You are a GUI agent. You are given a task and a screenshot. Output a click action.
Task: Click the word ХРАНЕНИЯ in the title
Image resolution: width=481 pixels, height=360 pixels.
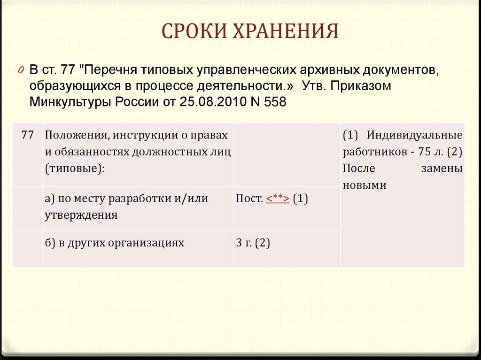286,31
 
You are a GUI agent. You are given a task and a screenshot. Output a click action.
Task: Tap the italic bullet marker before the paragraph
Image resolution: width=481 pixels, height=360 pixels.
21,70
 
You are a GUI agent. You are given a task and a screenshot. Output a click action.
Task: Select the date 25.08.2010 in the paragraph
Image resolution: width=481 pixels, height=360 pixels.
213,101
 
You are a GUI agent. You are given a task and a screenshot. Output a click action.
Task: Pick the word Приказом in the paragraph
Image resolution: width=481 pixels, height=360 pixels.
361,86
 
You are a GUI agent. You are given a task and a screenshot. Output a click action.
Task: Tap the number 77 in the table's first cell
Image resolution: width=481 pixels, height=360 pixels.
28,135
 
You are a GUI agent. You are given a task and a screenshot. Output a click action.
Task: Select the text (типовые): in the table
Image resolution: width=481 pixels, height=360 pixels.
75,169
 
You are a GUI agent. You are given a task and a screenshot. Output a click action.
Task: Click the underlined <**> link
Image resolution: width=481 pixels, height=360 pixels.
278,199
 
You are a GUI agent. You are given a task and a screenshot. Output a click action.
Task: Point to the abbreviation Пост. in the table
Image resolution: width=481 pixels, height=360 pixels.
249,199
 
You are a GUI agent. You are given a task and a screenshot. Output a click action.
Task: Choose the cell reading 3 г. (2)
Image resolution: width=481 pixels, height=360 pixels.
253,243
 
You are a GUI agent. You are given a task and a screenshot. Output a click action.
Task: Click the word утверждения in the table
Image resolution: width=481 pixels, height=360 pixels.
81,215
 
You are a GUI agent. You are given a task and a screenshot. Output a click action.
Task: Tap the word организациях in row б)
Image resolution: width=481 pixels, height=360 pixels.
141,243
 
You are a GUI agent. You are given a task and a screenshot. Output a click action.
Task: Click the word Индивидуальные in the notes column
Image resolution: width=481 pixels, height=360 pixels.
414,135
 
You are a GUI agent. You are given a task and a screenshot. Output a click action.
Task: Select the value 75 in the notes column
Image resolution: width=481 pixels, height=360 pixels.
425,152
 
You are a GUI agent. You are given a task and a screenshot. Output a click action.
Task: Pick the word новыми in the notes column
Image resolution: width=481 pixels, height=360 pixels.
365,185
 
